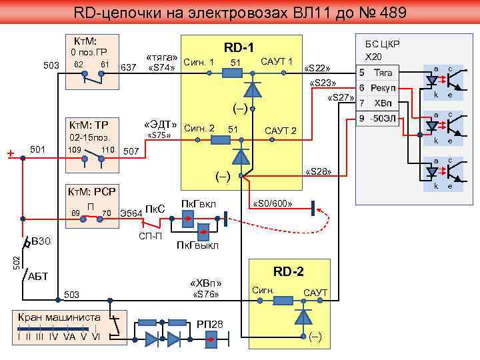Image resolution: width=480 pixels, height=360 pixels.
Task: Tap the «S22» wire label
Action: tap(317, 69)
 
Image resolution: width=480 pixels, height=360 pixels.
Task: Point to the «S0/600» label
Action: tap(270, 203)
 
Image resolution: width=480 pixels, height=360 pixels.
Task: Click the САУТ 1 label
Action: tap(277, 61)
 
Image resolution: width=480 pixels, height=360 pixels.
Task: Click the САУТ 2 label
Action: tap(281, 129)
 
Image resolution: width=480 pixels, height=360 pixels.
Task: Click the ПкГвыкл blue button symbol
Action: tap(203, 232)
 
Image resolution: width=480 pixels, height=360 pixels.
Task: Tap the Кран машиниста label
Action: tap(59, 317)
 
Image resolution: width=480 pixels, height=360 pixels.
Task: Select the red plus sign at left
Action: tap(10, 154)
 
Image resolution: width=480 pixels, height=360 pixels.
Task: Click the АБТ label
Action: tap(38, 277)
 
